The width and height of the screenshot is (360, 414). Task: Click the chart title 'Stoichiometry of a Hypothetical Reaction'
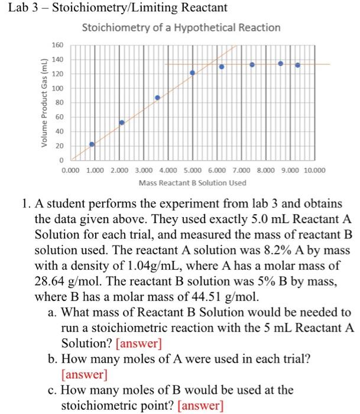click(181, 28)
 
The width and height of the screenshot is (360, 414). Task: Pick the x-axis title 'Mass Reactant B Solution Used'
click(192, 183)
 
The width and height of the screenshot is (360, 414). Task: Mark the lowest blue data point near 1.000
click(92, 144)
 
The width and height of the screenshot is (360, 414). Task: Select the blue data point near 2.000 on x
click(122, 122)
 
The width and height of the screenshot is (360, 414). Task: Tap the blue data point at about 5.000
click(192, 73)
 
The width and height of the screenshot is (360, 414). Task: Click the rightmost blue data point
click(297, 65)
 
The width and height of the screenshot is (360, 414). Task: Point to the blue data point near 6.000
click(222, 67)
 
